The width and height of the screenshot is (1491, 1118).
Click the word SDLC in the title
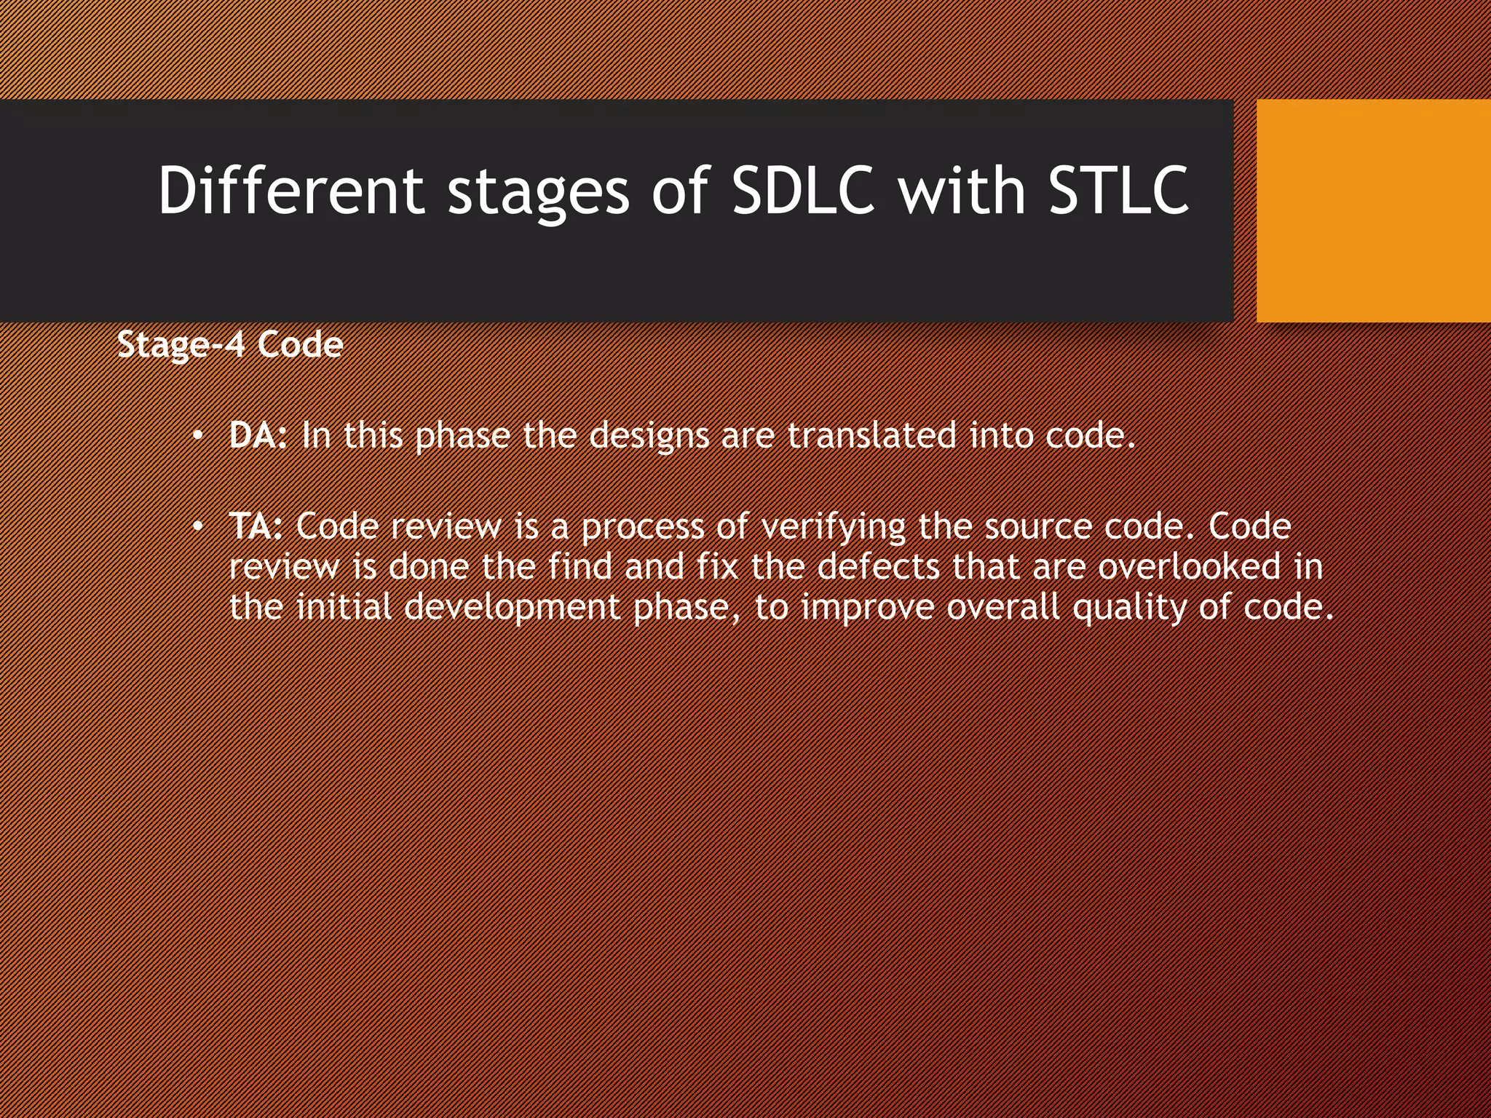click(802, 191)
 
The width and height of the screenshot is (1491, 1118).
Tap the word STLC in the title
click(1118, 191)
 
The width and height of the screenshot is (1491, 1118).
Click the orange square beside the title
click(1373, 211)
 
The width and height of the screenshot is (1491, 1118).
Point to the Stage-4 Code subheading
click(230, 345)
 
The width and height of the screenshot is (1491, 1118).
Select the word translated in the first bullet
click(871, 435)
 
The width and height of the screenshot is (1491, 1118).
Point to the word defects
click(879, 567)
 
